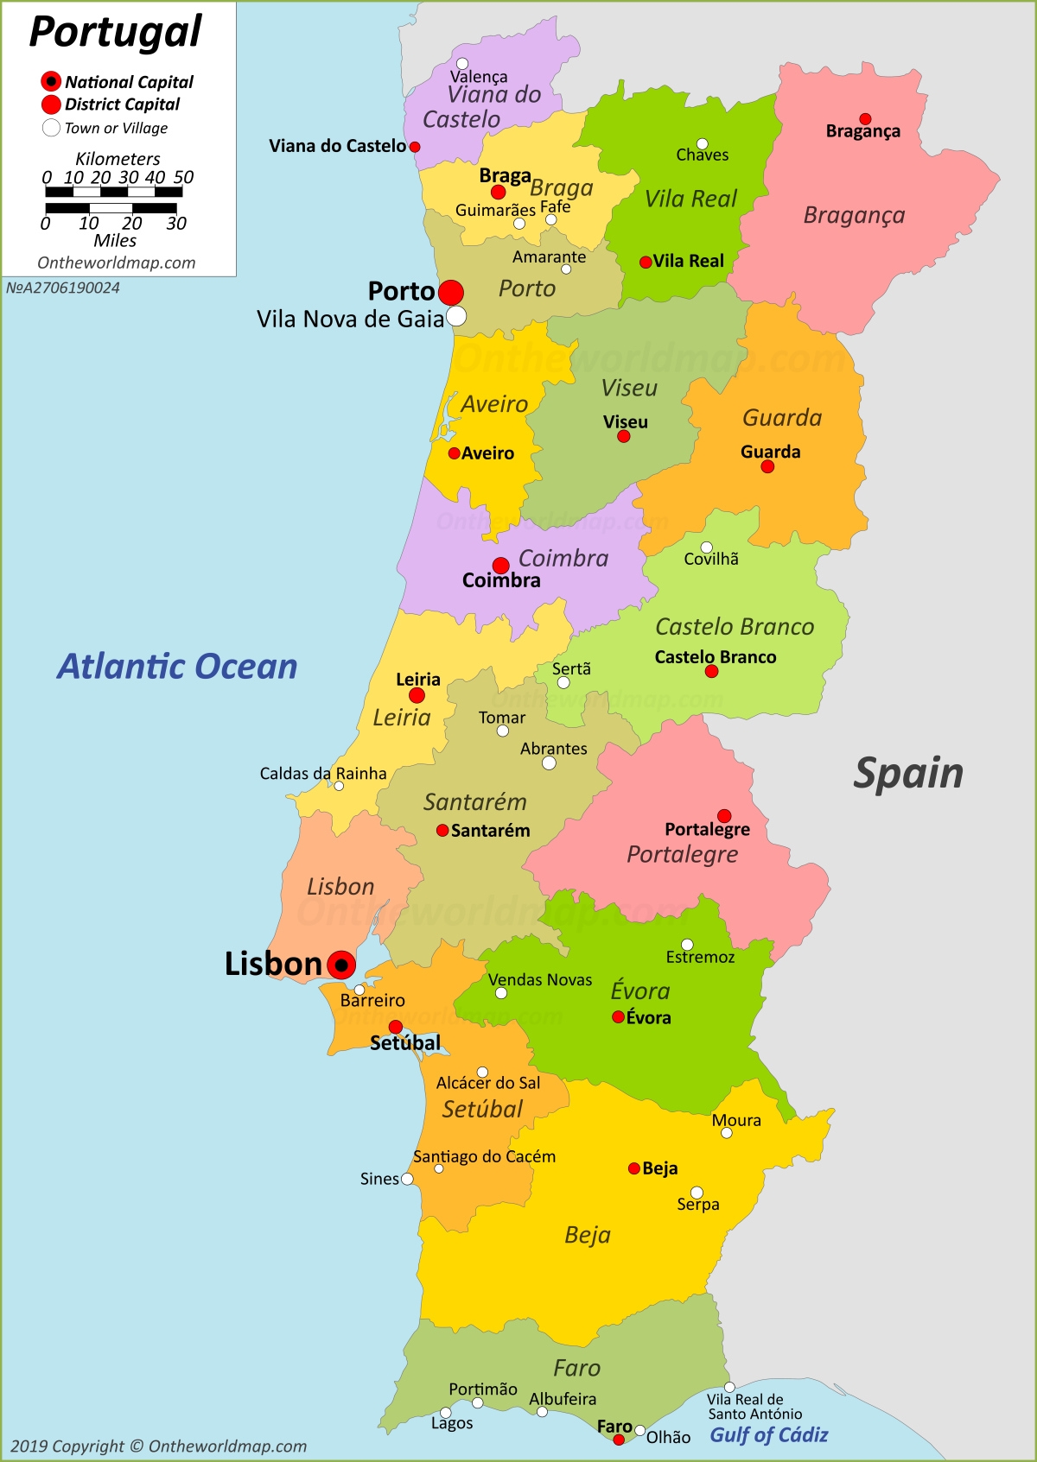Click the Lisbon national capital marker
(x=341, y=965)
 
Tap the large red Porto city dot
(x=450, y=293)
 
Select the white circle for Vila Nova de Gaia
(x=456, y=316)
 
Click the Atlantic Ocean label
(x=177, y=667)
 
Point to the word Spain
(x=908, y=773)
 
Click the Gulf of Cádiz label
(x=768, y=1434)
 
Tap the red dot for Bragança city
(x=865, y=119)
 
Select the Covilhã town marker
(x=707, y=547)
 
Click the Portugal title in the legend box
(x=115, y=33)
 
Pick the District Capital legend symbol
(x=51, y=104)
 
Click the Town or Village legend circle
(x=51, y=128)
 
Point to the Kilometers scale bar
(x=113, y=192)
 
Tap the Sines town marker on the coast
(x=407, y=1179)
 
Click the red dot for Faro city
(x=619, y=1440)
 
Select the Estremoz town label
(x=700, y=957)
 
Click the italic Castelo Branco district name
(x=735, y=627)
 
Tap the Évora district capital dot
(x=618, y=1017)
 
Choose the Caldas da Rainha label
(x=323, y=773)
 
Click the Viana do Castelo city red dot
(x=415, y=147)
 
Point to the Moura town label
(x=736, y=1120)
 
